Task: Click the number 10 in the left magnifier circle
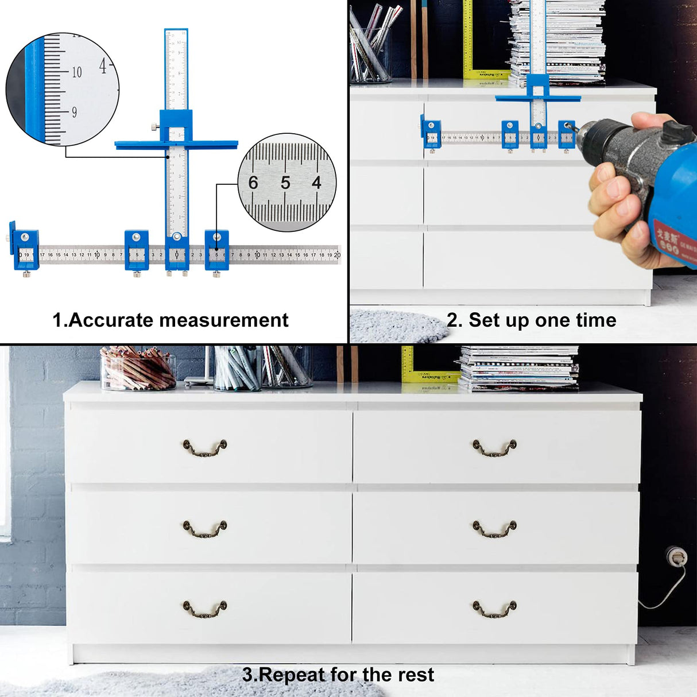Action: click(x=76, y=72)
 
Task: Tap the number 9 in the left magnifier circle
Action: click(x=74, y=113)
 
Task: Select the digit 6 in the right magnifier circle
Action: click(x=253, y=183)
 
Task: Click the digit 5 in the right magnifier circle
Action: click(x=285, y=183)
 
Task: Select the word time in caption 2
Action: click(x=597, y=320)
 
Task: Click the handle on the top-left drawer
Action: click(x=205, y=448)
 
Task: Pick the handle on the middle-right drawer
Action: click(x=495, y=529)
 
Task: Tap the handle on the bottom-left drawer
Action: click(x=205, y=609)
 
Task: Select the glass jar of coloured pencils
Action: click(x=138, y=369)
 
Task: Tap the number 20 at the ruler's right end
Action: click(x=337, y=255)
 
